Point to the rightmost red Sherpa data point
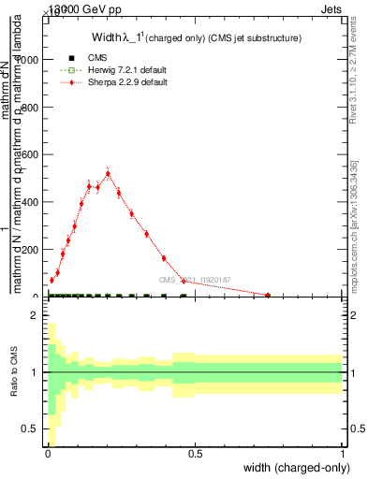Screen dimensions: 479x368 [268, 296]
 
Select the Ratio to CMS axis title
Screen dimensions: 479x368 [14, 372]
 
